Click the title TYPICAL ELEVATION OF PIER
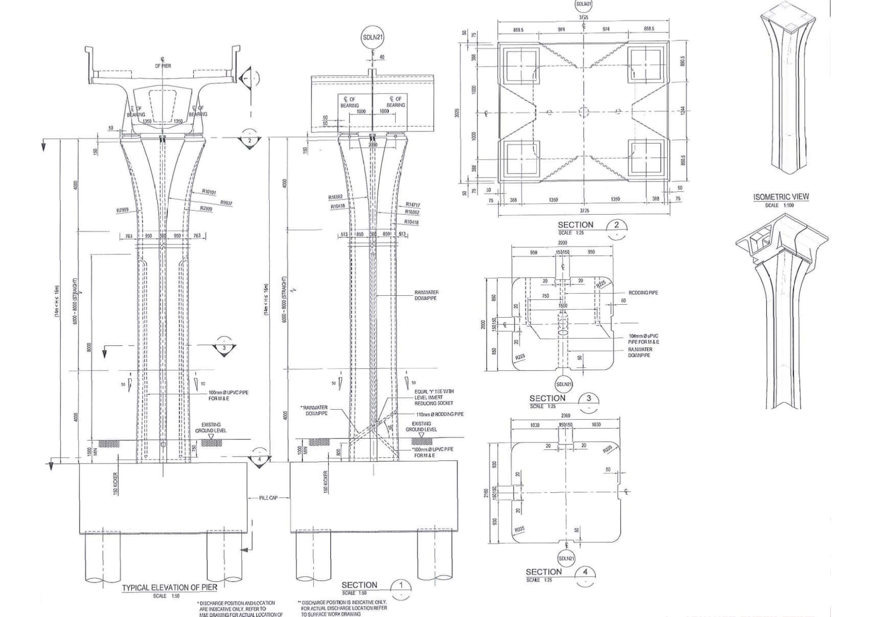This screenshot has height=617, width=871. click(x=169, y=587)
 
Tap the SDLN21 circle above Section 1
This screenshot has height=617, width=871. click(x=373, y=37)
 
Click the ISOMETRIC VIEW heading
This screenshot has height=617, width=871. click(x=781, y=197)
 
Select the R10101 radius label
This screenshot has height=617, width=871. click(x=209, y=191)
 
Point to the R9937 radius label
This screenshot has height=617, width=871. click(x=226, y=203)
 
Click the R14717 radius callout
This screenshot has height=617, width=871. click(x=413, y=204)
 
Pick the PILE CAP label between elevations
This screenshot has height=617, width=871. click(x=268, y=498)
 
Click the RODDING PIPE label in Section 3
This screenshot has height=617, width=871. click(x=643, y=293)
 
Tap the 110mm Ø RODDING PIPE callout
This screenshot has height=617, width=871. click(x=439, y=414)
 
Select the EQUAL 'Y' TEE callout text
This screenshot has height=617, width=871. click(x=434, y=392)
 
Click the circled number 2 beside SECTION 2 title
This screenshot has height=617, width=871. click(x=616, y=225)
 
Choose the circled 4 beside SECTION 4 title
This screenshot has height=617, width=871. click(x=585, y=572)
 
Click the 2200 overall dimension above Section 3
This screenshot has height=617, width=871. click(x=562, y=243)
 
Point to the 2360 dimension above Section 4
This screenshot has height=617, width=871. click(x=565, y=415)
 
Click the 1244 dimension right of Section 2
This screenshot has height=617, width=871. click(x=683, y=110)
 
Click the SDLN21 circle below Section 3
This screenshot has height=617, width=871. click(x=564, y=384)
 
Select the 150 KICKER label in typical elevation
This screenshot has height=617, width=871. click(x=116, y=483)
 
